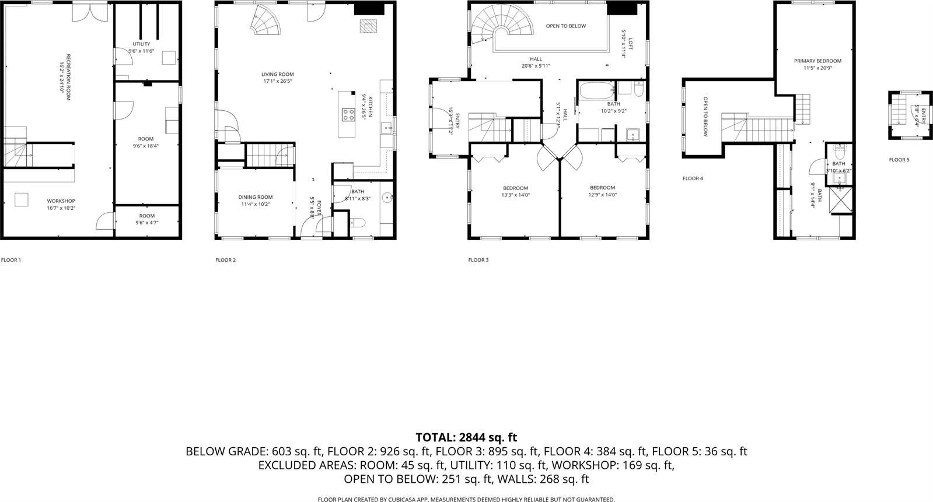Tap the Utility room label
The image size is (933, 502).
[x=141, y=44]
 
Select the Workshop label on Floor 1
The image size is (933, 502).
[x=61, y=201]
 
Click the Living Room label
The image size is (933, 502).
[x=277, y=74]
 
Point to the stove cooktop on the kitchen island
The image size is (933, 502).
[x=348, y=115]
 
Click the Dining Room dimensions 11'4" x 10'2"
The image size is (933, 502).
[x=256, y=204]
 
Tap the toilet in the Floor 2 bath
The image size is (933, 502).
[x=357, y=222]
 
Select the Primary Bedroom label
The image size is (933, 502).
[x=817, y=61]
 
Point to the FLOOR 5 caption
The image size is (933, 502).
[x=899, y=160]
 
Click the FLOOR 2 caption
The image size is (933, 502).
[x=225, y=260]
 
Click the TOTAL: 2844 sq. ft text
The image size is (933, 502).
[x=466, y=437]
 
